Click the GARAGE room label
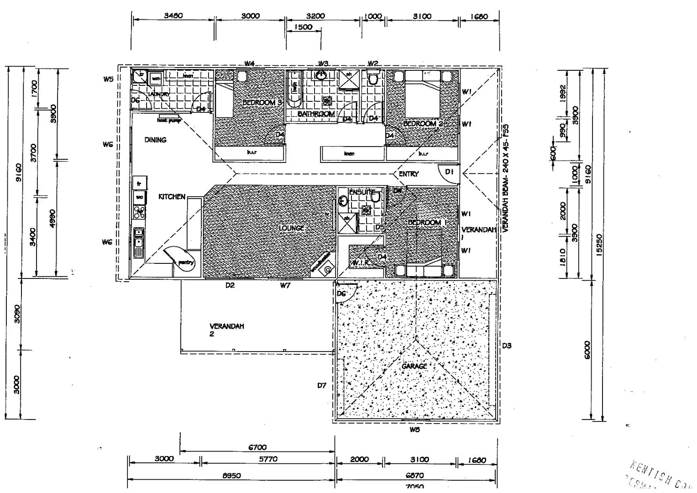pyautogui.click(x=414, y=366)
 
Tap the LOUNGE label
pyautogui.click(x=292, y=228)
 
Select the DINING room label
pyautogui.click(x=155, y=140)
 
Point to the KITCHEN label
pyautogui.click(x=172, y=197)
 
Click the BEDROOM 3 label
pyautogui.click(x=262, y=102)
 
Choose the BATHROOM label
pyautogui.click(x=316, y=114)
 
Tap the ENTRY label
pyautogui.click(x=409, y=174)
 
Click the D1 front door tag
pyautogui.click(x=449, y=172)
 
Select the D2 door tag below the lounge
pyautogui.click(x=230, y=286)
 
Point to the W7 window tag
pyautogui.click(x=285, y=286)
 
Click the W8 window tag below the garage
pyautogui.click(x=414, y=430)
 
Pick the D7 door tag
pyautogui.click(x=322, y=385)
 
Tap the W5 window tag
pyautogui.click(x=108, y=79)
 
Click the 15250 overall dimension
pyautogui.click(x=599, y=245)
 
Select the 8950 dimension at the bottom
pyautogui.click(x=231, y=475)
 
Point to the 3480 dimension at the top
pyautogui.click(x=173, y=16)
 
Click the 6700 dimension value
pyautogui.click(x=257, y=447)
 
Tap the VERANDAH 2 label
pyautogui.click(x=226, y=330)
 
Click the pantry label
pyautogui.click(x=186, y=262)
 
